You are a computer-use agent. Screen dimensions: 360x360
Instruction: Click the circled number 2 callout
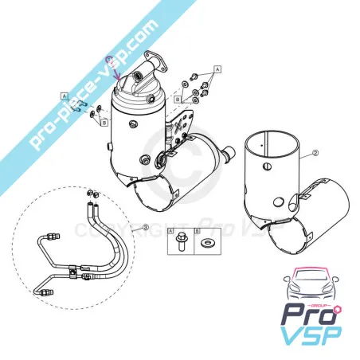(315, 153)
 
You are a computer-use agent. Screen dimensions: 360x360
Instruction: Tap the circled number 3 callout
(146, 227)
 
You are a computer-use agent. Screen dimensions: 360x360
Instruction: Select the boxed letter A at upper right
(217, 69)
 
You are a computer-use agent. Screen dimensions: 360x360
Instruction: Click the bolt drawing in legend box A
(181, 241)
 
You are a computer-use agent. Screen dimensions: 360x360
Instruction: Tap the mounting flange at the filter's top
(155, 61)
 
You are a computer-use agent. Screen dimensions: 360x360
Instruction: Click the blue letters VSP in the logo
(311, 335)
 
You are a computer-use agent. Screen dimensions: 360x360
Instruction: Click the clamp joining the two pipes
(73, 272)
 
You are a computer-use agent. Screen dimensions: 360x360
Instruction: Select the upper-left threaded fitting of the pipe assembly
(53, 236)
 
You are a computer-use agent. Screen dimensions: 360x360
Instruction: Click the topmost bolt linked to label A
(193, 76)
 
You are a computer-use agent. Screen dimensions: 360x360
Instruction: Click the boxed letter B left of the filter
(104, 123)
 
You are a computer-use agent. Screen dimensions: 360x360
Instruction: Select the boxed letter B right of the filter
(178, 100)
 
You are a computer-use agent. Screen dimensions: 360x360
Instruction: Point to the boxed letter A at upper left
(65, 96)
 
